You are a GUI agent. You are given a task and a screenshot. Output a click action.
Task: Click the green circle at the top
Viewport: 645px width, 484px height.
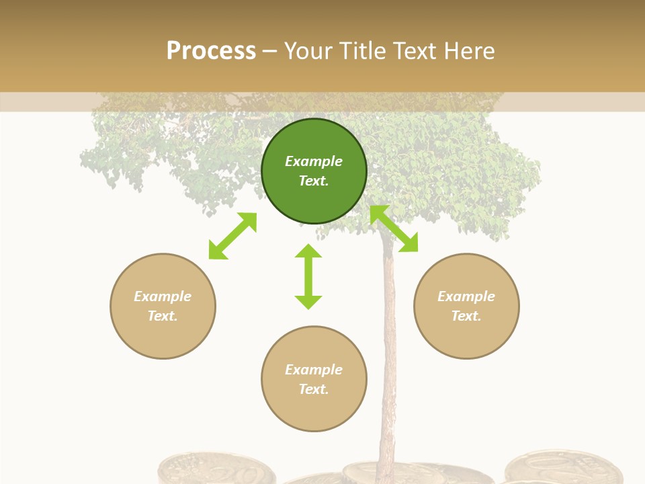coord(314,171)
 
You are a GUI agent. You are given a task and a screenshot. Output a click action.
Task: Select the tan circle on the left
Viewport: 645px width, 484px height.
coord(163,306)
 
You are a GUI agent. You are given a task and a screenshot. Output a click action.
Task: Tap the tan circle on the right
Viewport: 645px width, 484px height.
coord(466,306)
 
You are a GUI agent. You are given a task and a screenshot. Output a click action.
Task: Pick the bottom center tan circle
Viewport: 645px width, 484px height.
coord(314,379)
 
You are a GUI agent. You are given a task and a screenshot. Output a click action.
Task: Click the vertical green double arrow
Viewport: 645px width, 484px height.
coord(308,276)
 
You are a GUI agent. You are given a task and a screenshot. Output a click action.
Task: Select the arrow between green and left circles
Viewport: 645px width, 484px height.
coord(232,236)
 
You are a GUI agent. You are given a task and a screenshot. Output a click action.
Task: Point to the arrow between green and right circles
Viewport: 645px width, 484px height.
coord(394,229)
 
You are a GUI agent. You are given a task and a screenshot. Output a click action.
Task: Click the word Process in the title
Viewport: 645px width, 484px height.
coord(211,51)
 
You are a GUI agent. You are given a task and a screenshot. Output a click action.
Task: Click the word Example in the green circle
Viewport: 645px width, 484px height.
coord(314,161)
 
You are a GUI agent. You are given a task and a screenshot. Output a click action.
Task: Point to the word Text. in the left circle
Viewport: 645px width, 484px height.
coord(163,316)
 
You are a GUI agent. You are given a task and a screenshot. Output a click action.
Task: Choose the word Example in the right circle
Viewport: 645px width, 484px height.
coord(466,296)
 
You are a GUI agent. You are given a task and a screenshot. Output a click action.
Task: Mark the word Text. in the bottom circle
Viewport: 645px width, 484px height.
coord(314,389)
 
